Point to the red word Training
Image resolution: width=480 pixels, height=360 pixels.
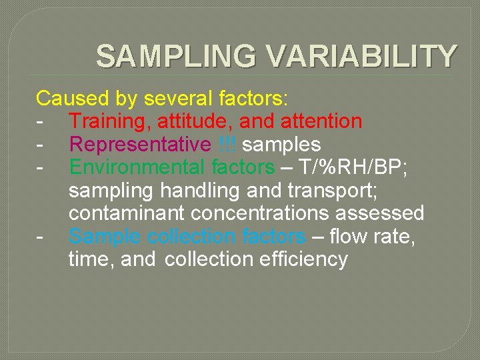pos(110,121)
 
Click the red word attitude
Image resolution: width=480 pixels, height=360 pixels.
pos(195,121)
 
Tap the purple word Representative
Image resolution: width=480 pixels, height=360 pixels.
pos(139,144)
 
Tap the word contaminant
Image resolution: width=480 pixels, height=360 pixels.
pos(127,213)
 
